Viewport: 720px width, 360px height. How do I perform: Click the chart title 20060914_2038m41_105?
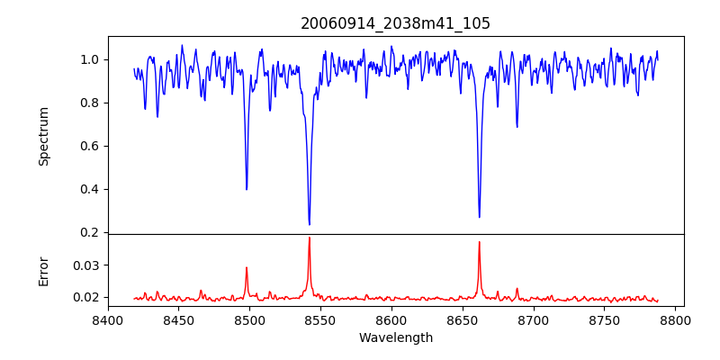point(395,24)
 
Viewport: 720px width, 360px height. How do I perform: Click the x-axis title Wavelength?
point(395,337)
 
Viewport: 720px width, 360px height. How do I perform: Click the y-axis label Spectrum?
point(43,136)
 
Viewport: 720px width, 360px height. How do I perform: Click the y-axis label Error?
point(43,271)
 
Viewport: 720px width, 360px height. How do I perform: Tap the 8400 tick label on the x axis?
point(108,319)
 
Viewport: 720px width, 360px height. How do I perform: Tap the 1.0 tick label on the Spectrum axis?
point(89,59)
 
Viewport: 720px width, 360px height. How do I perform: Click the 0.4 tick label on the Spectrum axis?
point(89,189)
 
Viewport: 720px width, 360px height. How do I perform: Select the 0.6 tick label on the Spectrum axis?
point(89,146)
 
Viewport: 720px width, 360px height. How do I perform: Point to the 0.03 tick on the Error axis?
point(86,265)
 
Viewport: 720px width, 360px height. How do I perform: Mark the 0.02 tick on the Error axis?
point(86,297)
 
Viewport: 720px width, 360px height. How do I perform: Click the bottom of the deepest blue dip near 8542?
point(309,224)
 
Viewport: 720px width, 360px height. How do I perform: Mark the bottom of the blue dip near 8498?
point(247,189)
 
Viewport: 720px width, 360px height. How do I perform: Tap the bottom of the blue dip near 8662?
point(479,217)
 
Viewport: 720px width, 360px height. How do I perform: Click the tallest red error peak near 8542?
point(309,238)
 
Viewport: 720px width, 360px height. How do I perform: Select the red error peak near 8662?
point(479,241)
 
